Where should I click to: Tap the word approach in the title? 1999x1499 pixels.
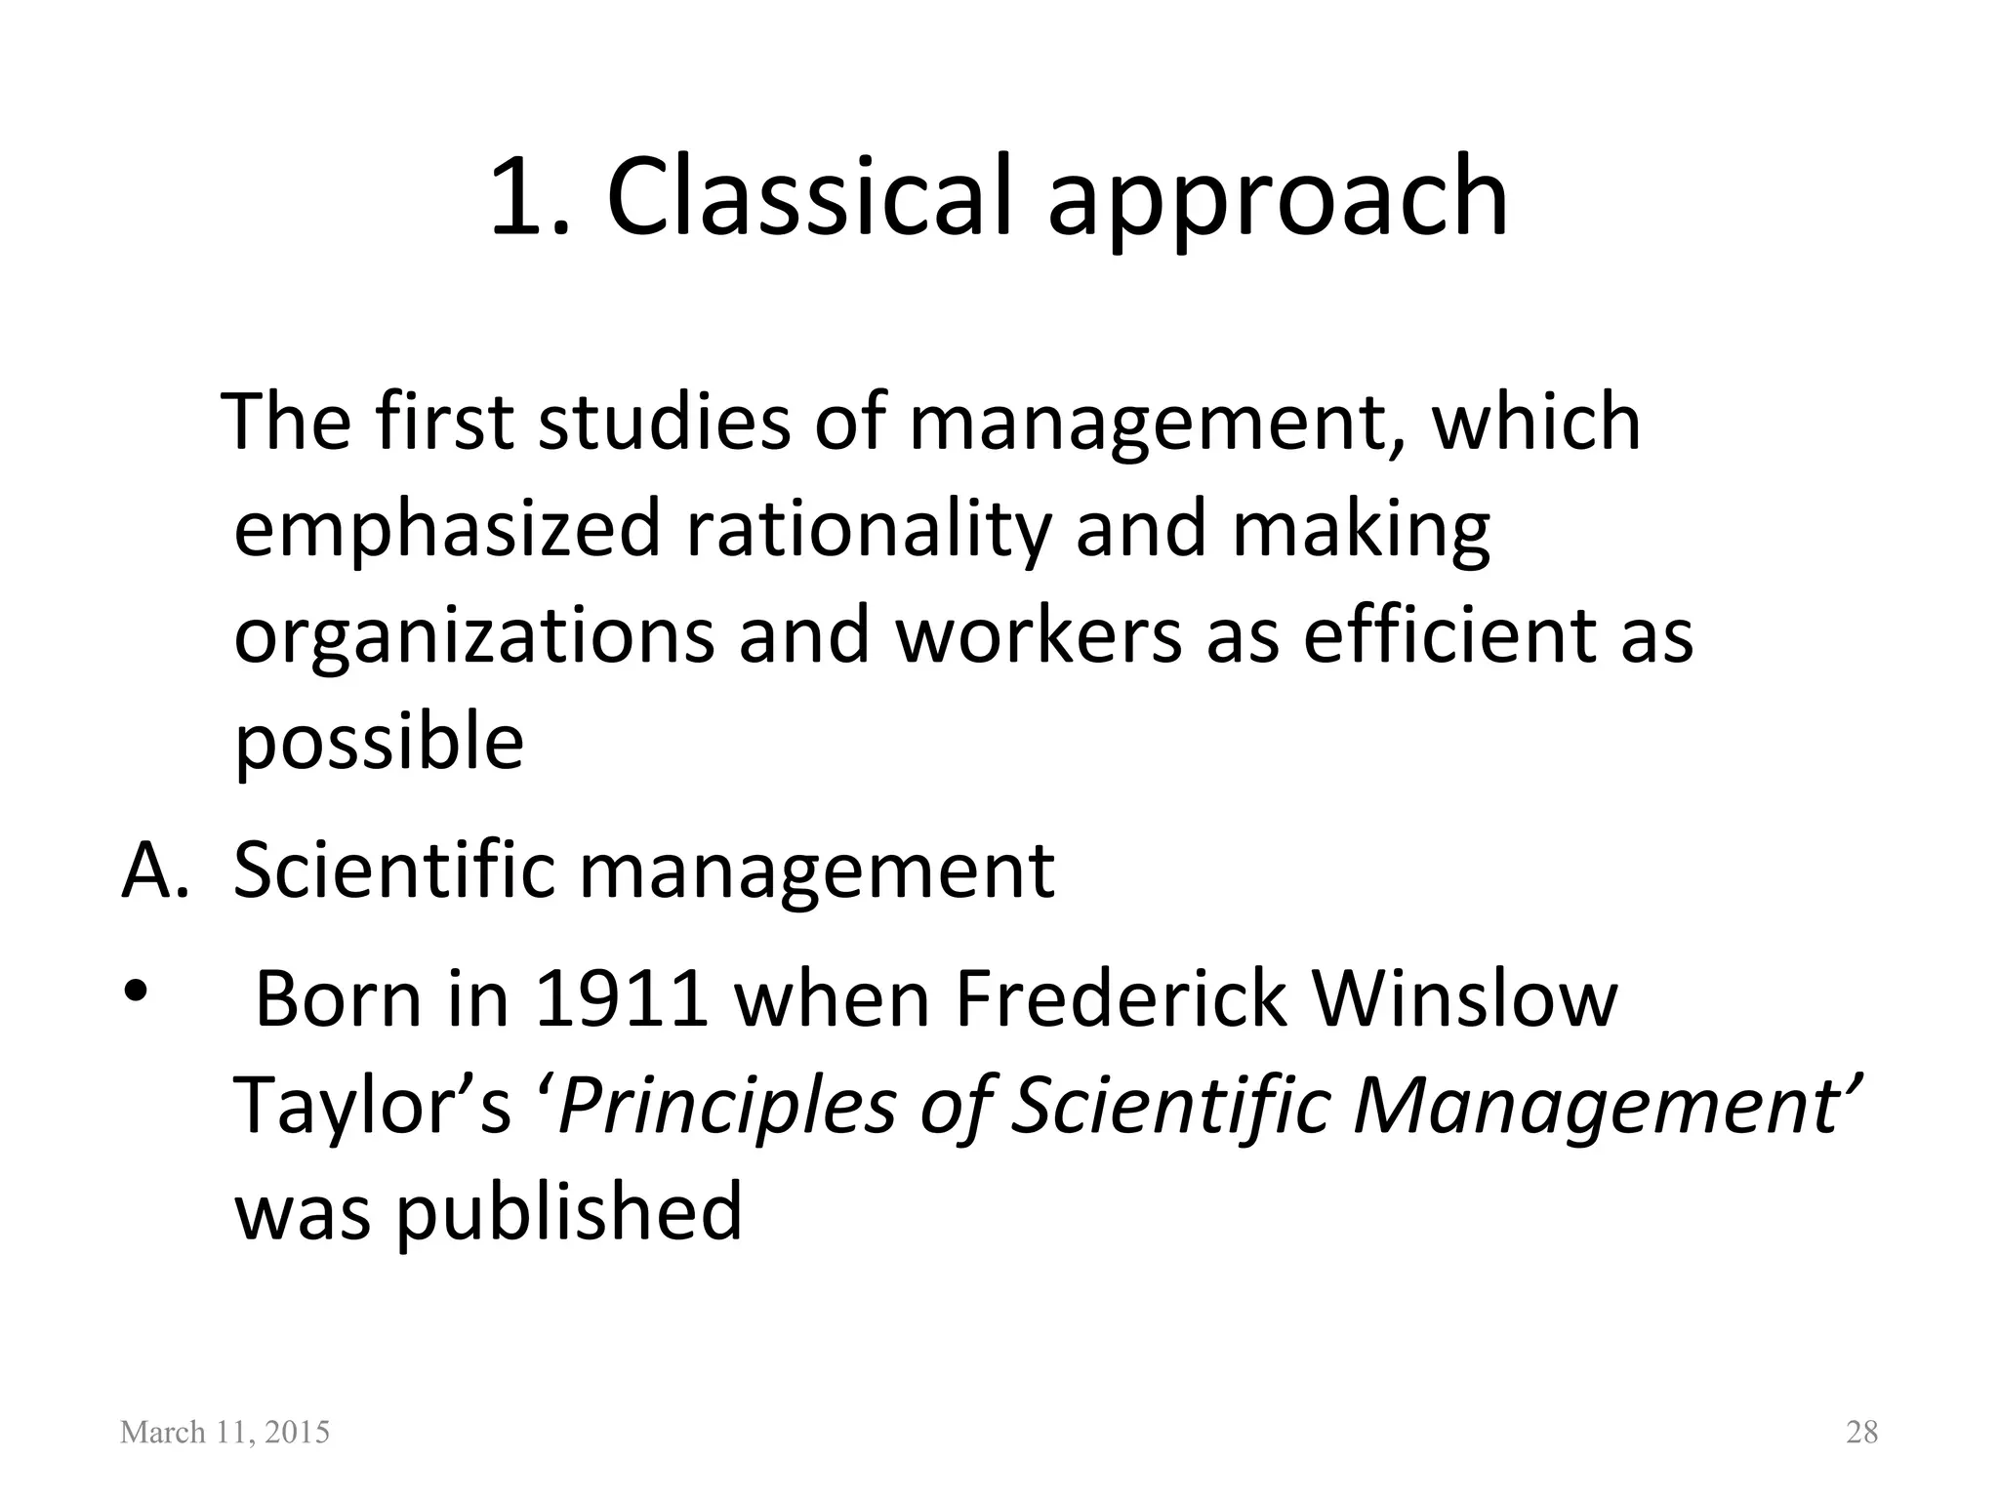(x=1279, y=200)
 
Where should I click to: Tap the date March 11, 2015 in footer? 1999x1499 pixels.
(x=224, y=1433)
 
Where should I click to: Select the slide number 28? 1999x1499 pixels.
(x=1861, y=1433)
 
